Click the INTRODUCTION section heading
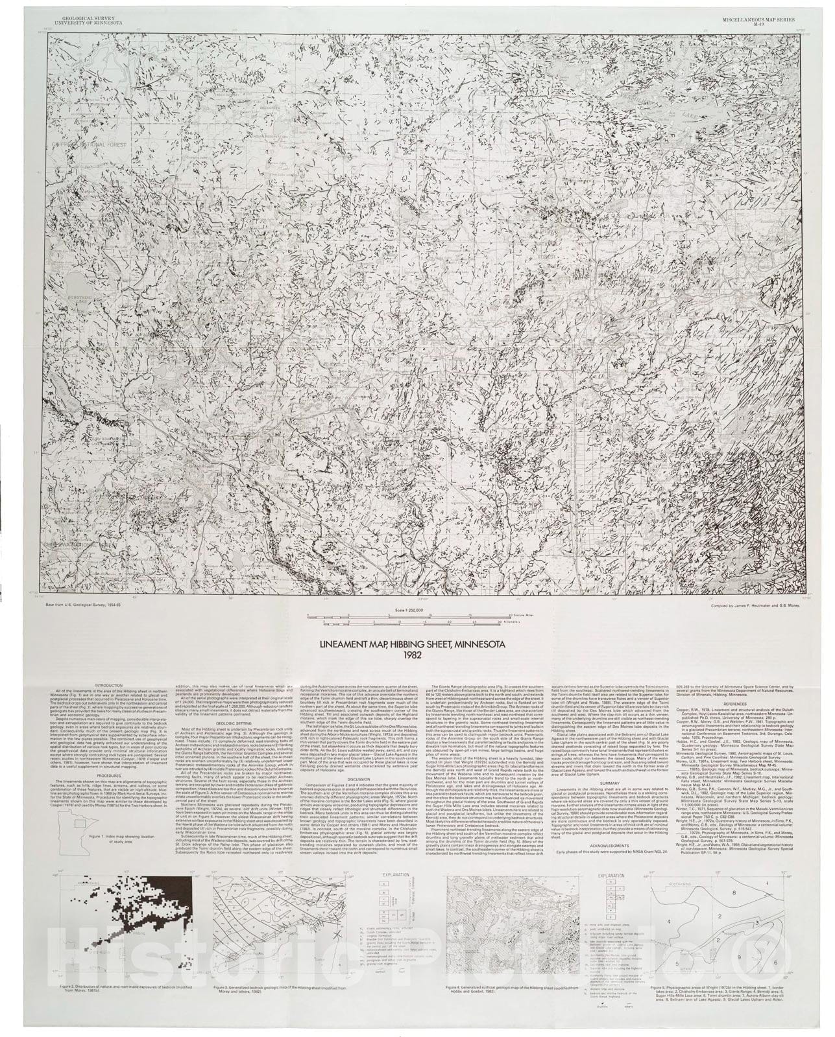[107, 685]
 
